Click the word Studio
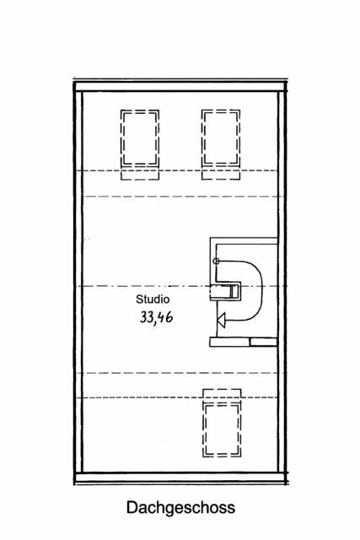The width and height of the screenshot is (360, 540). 153,299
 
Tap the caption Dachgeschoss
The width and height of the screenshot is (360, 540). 180,508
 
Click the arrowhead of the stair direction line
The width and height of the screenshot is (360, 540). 223,319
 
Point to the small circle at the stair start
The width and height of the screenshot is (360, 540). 217,262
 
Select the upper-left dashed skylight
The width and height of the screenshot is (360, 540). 140,139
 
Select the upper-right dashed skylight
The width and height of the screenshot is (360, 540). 221,139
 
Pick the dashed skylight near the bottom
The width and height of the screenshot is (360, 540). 222,427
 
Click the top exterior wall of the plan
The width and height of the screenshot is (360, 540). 180,87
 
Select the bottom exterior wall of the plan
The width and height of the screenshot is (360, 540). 180,478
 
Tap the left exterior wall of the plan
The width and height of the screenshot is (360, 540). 78,283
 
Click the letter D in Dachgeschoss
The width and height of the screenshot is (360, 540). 132,508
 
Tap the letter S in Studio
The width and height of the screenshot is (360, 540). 139,299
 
